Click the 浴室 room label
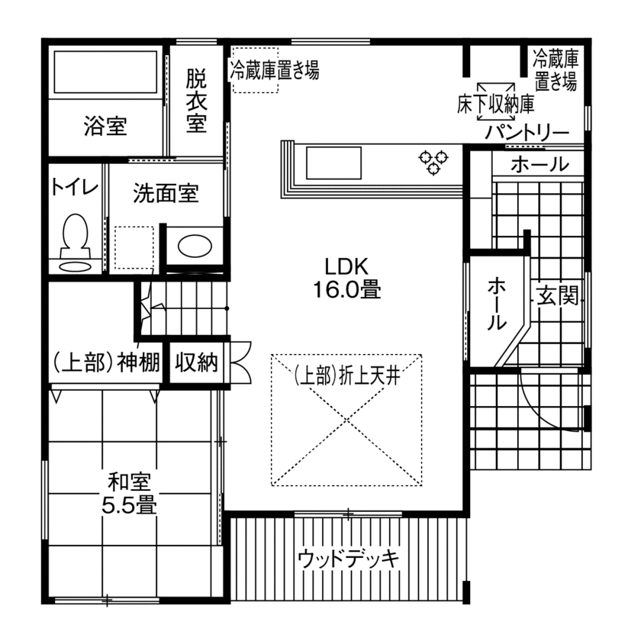click(x=105, y=126)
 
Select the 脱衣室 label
click(x=196, y=101)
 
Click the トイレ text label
click(x=74, y=187)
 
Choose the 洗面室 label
click(x=166, y=193)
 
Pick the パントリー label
click(x=527, y=133)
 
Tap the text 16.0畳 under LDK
click(x=346, y=290)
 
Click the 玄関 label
click(x=555, y=295)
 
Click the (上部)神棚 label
click(x=105, y=362)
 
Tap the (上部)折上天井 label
click(x=347, y=375)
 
